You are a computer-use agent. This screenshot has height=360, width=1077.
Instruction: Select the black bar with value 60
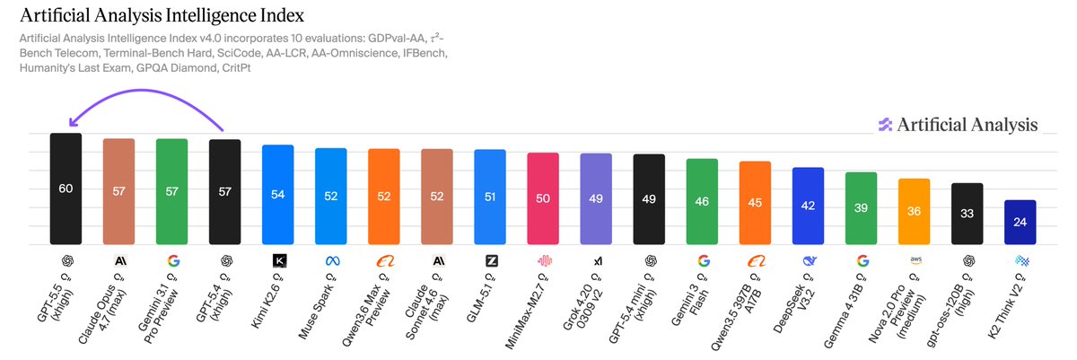point(66,189)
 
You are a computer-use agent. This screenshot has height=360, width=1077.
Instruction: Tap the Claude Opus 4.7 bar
point(118,191)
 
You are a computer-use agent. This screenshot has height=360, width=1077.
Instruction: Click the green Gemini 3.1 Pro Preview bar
point(171,191)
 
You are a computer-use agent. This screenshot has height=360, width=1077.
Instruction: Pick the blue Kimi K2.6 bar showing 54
point(278,194)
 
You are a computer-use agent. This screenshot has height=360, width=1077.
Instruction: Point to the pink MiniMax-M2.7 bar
point(543,198)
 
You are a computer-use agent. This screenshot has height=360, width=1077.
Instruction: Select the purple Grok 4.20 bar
point(596,198)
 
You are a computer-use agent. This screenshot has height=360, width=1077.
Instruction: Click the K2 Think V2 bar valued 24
point(1020,222)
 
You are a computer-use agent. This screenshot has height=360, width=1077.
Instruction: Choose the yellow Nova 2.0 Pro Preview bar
point(914,211)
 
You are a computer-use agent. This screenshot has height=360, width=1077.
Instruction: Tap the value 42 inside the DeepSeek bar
point(808,206)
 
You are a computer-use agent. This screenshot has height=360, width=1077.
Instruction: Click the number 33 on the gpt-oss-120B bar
point(968,214)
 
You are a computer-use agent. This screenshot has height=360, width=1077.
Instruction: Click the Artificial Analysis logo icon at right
point(885,125)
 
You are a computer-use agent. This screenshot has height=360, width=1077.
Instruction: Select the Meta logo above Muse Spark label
point(331,260)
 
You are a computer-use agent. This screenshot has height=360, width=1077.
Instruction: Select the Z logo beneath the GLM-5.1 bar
point(490,260)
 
